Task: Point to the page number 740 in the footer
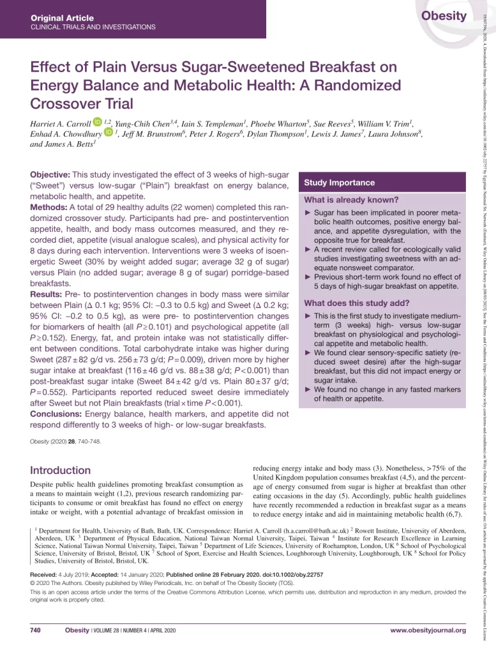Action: pyautogui.click(x=36, y=630)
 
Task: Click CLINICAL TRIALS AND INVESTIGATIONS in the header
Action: pyautogui.click(x=93, y=27)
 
